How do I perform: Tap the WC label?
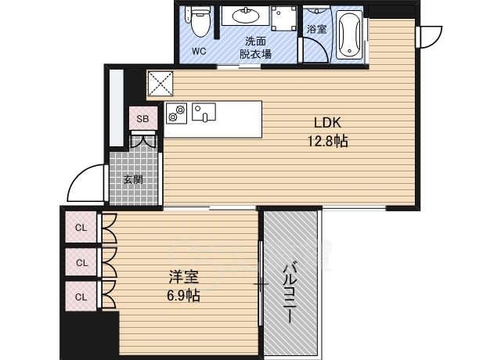199,52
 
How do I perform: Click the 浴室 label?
316,29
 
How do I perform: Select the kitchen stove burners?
175,113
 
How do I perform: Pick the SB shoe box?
142,119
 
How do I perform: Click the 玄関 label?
132,179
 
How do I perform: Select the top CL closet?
81,228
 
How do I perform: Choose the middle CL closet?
81,262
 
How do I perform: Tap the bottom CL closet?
81,297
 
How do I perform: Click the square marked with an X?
159,83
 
